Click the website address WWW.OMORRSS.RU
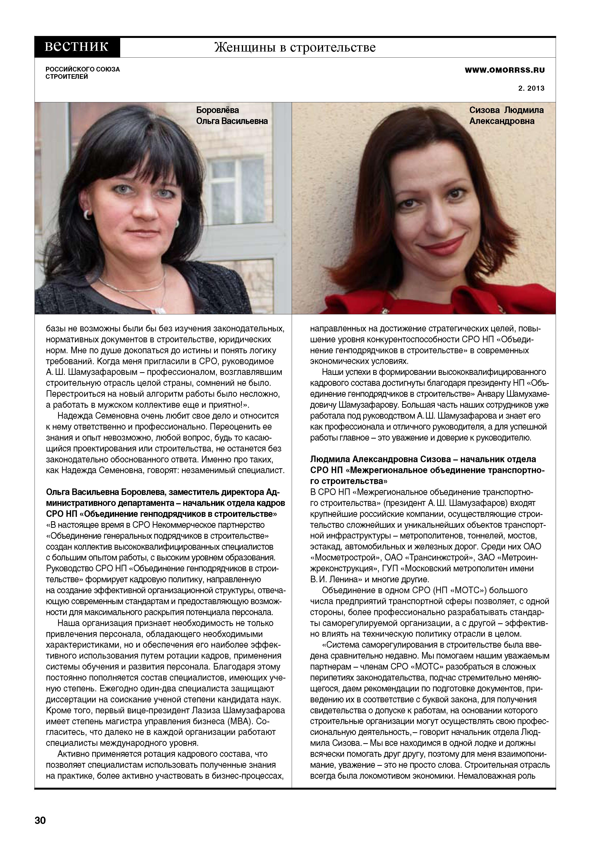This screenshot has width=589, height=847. pos(505,70)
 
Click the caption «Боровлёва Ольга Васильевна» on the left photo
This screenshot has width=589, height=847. pos(232,115)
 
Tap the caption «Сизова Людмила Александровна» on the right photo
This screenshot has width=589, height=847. pos(506,115)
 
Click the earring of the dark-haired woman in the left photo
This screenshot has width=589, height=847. pos(88,214)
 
